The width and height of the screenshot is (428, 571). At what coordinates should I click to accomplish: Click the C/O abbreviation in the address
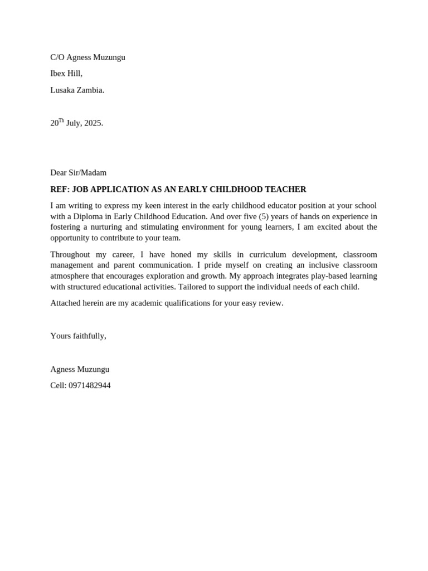click(57, 57)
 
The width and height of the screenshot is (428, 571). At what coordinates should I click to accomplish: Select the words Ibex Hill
click(66, 74)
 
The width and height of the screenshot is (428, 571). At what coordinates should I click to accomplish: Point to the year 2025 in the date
click(93, 123)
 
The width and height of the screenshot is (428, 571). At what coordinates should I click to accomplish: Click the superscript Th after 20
click(61, 120)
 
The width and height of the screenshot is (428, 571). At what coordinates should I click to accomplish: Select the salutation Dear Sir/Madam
click(78, 173)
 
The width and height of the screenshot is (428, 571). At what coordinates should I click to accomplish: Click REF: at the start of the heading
click(60, 190)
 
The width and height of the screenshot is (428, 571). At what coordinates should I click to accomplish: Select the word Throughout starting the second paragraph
click(70, 255)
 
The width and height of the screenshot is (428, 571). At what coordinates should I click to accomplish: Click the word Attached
click(66, 303)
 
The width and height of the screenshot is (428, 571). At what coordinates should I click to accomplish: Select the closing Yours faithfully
click(78, 336)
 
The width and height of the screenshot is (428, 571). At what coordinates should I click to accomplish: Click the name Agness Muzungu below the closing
click(80, 369)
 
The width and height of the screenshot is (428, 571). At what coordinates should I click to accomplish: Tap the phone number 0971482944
click(90, 386)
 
